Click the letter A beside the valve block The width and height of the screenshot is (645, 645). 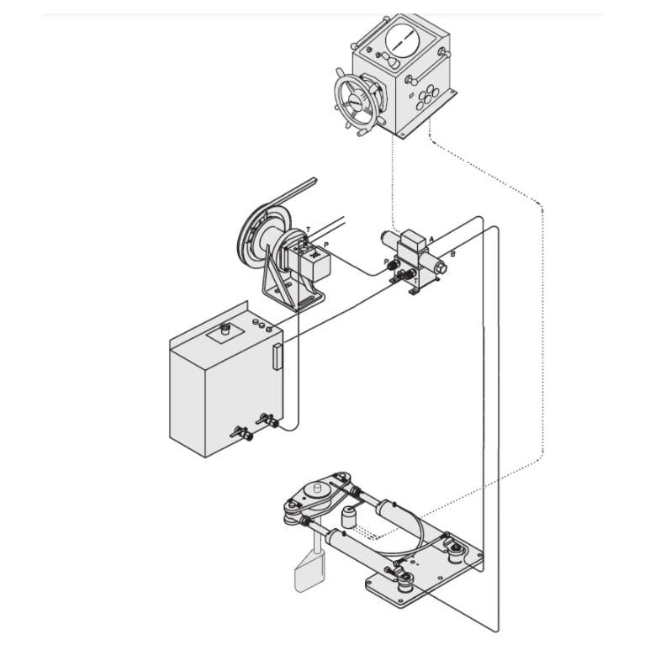click(x=431, y=240)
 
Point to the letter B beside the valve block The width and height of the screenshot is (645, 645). click(x=452, y=253)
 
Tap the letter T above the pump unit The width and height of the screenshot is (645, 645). click(x=308, y=229)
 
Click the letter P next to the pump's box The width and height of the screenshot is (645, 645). click(x=326, y=244)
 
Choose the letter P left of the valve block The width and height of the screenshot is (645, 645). click(x=386, y=262)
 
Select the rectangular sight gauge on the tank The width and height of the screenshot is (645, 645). click(x=276, y=357)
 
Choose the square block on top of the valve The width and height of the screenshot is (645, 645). click(x=414, y=238)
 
